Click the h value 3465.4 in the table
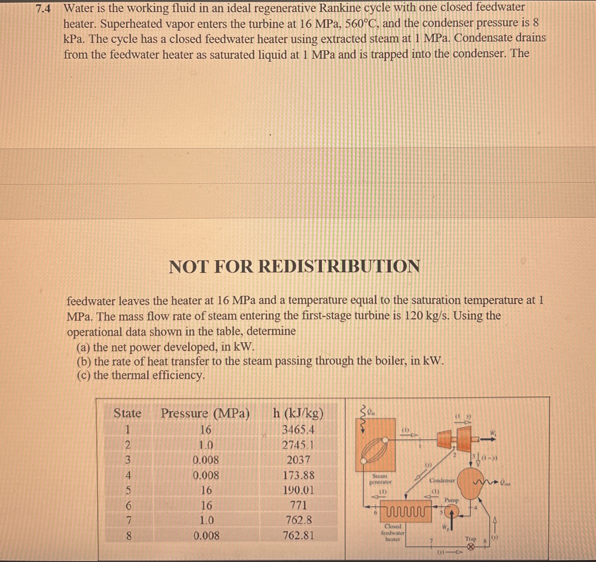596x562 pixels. pyautogui.click(x=298, y=430)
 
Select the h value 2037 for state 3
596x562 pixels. pyautogui.click(x=298, y=460)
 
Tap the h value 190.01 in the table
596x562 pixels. pyautogui.click(x=298, y=490)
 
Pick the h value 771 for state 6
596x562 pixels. pyautogui.click(x=298, y=505)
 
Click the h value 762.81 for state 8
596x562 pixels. pyautogui.click(x=298, y=535)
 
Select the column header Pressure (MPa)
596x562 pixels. pyautogui.click(x=205, y=414)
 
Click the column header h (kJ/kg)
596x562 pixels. pyautogui.click(x=298, y=414)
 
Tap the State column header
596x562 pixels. pyautogui.click(x=127, y=414)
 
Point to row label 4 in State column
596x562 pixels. pyautogui.click(x=128, y=475)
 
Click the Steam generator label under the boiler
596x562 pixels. pyautogui.click(x=380, y=479)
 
